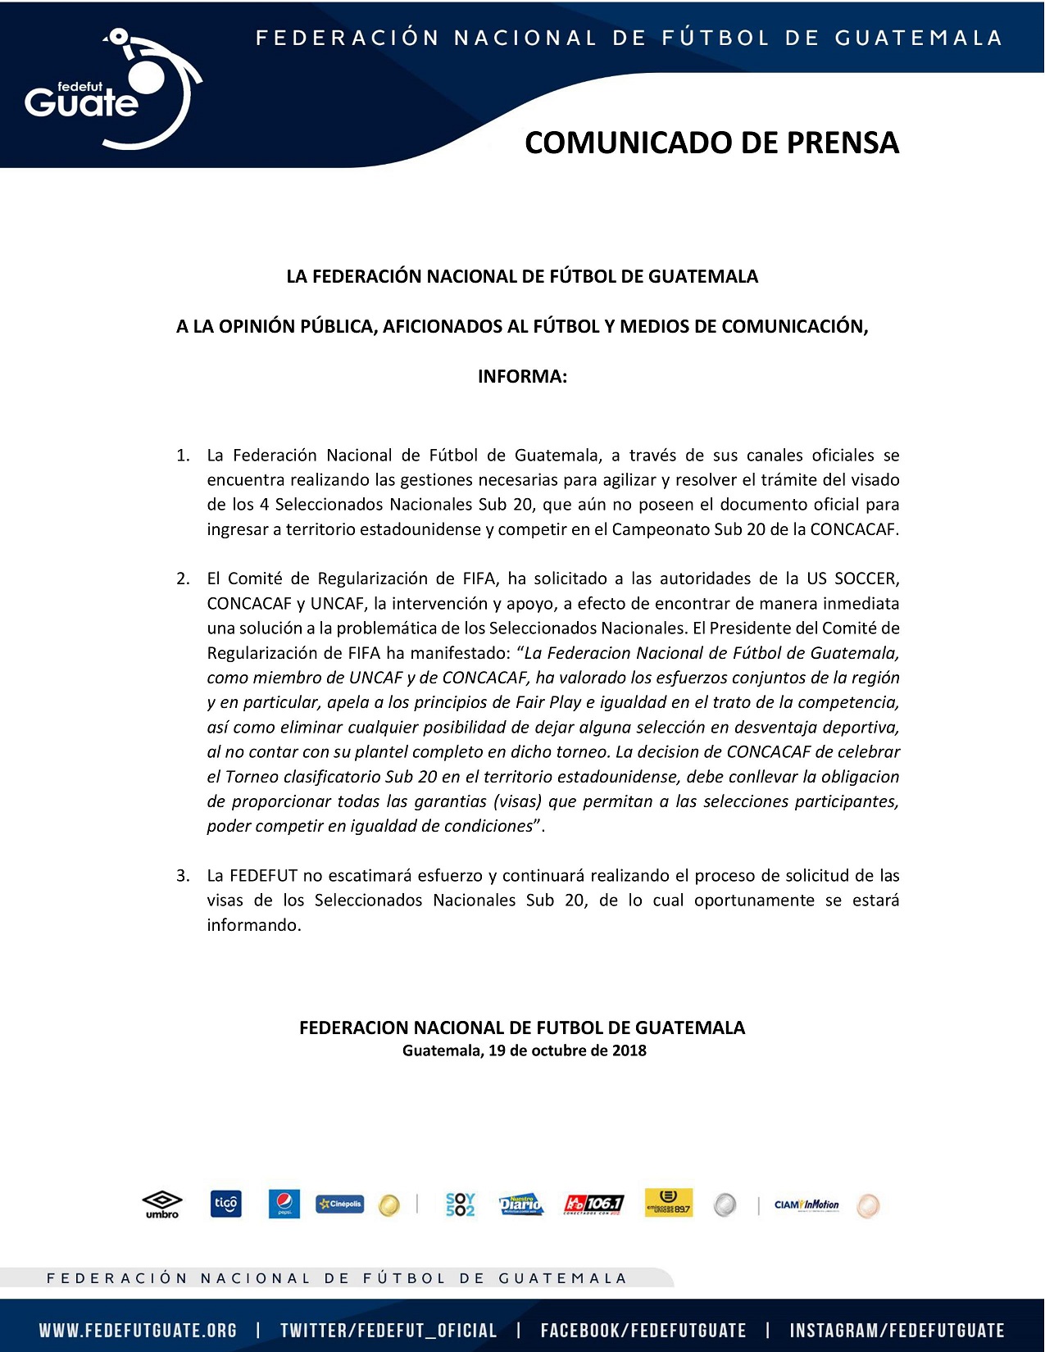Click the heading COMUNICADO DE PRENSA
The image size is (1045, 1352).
[x=711, y=143]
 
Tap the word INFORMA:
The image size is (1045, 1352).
[x=522, y=377]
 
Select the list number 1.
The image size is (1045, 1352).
[x=183, y=456]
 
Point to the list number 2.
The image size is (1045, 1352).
[x=183, y=579]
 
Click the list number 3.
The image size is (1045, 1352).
[x=183, y=876]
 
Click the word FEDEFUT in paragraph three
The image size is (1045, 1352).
[x=264, y=876]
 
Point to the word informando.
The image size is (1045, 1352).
[x=253, y=925]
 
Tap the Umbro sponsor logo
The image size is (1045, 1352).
[x=162, y=1205]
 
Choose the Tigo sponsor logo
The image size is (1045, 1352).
[x=225, y=1204]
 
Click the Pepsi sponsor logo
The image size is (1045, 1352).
[x=284, y=1204]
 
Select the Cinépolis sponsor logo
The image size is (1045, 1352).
[x=339, y=1204]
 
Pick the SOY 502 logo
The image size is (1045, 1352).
[x=460, y=1204]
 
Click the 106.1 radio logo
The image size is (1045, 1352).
[x=593, y=1204]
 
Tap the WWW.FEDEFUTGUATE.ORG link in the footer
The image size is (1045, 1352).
[x=138, y=1331]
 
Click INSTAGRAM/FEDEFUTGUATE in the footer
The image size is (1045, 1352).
[x=897, y=1331]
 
